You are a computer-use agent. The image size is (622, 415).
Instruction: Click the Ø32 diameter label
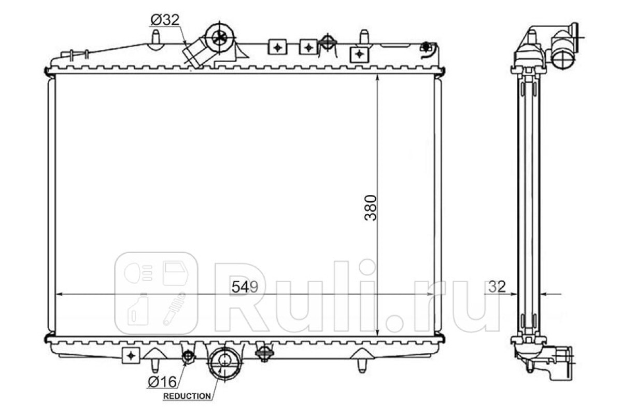165,20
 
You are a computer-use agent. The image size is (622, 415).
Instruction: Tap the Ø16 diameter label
162,382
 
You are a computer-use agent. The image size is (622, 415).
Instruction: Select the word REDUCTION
187,396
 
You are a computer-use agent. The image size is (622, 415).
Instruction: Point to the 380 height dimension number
371,208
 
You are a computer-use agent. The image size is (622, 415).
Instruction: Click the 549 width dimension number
245,287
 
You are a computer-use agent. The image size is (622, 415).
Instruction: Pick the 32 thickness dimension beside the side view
497,287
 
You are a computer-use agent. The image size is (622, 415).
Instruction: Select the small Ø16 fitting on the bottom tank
189,356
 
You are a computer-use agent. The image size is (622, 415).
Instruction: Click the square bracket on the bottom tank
131,355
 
